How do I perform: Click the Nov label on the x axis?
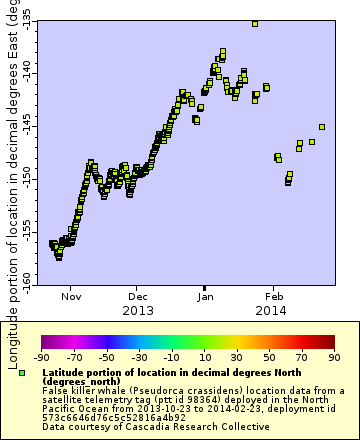point(71,297)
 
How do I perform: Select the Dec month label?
point(138,297)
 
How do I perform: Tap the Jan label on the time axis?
point(206,297)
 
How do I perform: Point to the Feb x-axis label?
point(274,297)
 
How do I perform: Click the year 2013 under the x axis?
point(138,311)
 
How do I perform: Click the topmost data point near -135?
point(255,23)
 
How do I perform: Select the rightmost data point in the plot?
point(321,127)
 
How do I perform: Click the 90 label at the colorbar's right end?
point(333,357)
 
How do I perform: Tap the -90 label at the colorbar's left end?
point(42,357)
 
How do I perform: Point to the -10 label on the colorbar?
point(171,357)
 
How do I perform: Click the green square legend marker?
point(22,372)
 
